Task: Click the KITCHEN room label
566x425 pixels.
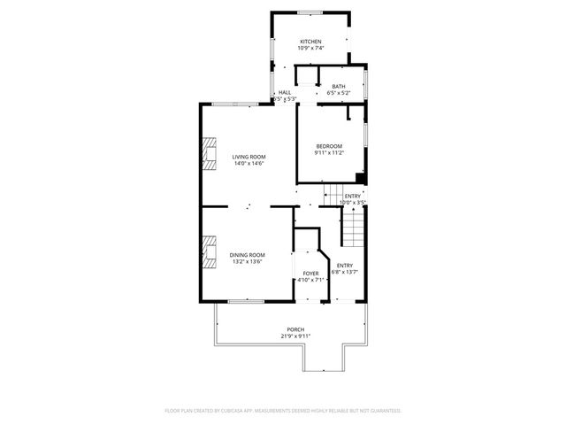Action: click(310, 42)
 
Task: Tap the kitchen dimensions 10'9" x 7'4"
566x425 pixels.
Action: click(310, 50)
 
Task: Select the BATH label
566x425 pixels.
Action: click(339, 86)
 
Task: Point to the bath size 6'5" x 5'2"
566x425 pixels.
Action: click(339, 93)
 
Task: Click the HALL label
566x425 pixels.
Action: click(285, 92)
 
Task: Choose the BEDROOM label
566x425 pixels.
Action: click(330, 146)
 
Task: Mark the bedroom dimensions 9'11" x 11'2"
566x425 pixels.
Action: click(330, 153)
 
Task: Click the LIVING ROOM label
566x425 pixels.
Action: click(249, 157)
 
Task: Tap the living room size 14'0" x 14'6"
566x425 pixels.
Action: click(249, 164)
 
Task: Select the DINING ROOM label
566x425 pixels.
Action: click(248, 254)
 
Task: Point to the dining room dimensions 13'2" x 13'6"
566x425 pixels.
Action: click(248, 261)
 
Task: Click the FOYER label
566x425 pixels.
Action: click(310, 274)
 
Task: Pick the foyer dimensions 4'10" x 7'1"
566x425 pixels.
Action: click(310, 281)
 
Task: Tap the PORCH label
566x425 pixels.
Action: click(295, 329)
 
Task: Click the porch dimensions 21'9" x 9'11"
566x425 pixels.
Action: click(295, 336)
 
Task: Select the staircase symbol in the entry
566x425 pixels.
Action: click(353, 232)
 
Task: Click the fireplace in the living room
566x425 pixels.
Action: click(209, 153)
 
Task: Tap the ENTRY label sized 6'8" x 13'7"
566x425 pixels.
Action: click(345, 266)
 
